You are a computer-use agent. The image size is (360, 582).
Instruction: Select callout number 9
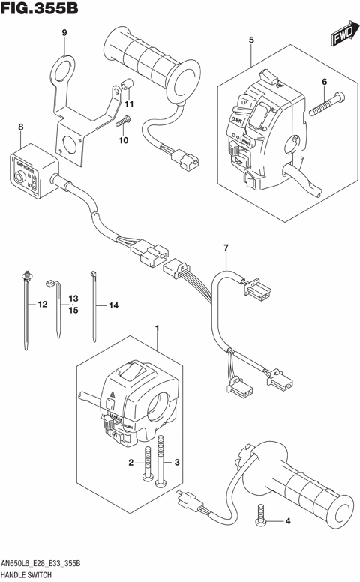pos(64,32)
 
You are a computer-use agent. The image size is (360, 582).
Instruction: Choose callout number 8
pos(20,128)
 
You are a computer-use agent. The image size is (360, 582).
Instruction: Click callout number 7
pos(223,247)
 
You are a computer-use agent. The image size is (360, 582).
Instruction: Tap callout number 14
pos(114,305)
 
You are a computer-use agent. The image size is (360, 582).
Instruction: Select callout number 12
pos(42,304)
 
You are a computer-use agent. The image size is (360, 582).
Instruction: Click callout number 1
pos(157,328)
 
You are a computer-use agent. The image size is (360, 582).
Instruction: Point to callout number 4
pos(287,520)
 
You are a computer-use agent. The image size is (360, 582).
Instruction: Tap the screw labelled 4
pos(262,513)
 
